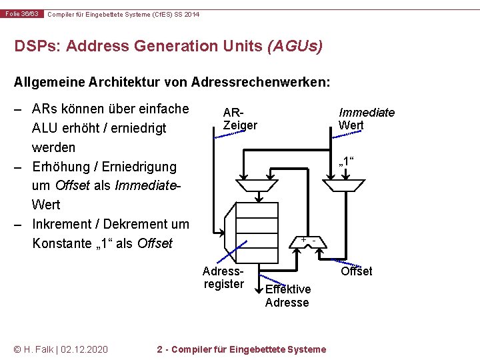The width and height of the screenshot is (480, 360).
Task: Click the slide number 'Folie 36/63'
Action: click(23, 14)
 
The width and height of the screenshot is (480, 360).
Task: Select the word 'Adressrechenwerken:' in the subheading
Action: click(260, 83)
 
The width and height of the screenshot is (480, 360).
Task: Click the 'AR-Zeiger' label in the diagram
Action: click(240, 119)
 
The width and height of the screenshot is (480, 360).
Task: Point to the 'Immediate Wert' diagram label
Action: click(366, 119)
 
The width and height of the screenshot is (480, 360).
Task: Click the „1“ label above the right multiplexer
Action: click(347, 162)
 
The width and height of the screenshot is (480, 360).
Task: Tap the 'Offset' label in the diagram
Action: click(356, 271)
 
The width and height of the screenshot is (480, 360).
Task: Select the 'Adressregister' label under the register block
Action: click(223, 277)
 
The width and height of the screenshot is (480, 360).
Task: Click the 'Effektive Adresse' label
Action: click(287, 295)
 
